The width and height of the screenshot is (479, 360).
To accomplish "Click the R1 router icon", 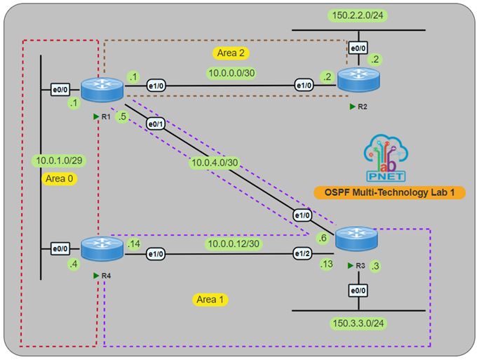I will click(x=102, y=89).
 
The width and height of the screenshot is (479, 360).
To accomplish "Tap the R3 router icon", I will click(x=356, y=241).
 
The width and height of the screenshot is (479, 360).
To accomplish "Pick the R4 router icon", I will click(x=102, y=248).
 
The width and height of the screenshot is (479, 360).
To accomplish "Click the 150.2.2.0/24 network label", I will click(x=358, y=15).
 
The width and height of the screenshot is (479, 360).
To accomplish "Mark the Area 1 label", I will click(x=210, y=300).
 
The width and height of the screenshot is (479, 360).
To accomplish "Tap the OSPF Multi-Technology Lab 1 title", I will click(x=389, y=192).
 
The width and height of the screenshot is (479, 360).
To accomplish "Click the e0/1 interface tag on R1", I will click(x=154, y=124).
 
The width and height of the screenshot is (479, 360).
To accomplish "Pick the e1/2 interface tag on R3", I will click(x=302, y=253).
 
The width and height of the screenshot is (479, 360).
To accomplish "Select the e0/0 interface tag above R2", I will click(x=358, y=48).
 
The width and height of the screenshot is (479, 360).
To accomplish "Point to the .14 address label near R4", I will click(x=134, y=243).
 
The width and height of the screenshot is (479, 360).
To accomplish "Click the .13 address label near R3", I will click(x=325, y=264).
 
